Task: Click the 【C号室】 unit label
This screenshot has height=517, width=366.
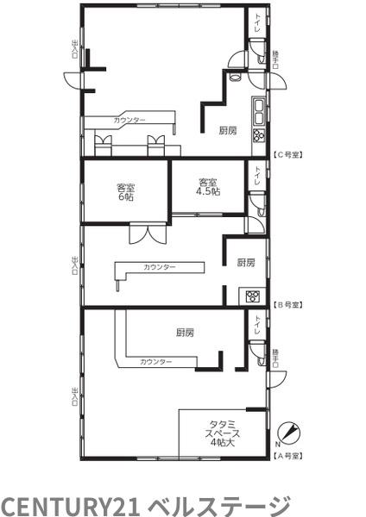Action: (x=287, y=154)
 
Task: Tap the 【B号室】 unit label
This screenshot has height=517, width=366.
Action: (x=287, y=305)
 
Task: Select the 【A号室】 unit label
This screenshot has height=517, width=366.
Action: (x=287, y=456)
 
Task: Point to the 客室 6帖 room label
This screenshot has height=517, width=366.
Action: (x=125, y=193)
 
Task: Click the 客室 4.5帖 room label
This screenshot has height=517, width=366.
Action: (x=208, y=187)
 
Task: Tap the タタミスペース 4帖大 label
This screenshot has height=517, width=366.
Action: (x=223, y=433)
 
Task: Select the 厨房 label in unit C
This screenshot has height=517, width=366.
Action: (x=228, y=131)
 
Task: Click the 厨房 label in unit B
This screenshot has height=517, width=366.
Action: (x=246, y=263)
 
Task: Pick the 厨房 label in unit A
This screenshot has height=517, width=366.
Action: (x=185, y=333)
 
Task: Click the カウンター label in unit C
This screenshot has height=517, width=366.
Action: (x=129, y=121)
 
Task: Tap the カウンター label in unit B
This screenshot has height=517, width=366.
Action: (x=159, y=267)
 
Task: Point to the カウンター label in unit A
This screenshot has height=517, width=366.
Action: (x=156, y=362)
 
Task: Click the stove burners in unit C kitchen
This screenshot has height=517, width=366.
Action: (x=258, y=135)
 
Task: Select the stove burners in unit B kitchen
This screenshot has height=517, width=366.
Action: (x=253, y=296)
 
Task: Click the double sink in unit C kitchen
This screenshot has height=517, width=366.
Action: (x=258, y=111)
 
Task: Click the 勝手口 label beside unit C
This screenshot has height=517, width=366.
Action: (x=275, y=59)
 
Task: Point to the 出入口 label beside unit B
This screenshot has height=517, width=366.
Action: (x=74, y=265)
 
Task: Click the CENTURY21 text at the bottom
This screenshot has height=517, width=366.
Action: (x=72, y=504)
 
